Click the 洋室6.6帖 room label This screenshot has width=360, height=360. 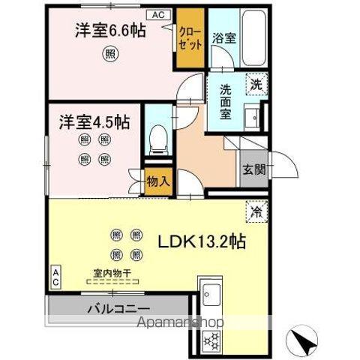109,31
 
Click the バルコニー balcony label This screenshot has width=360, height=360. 118,308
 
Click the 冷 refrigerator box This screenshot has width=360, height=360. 256,213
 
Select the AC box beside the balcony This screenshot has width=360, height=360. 56,276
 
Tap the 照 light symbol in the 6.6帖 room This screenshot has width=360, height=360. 110,54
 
